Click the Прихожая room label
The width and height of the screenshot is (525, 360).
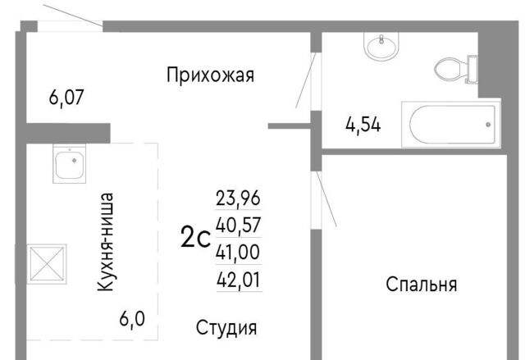(x=210, y=75)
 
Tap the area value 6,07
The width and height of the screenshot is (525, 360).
(x=66, y=98)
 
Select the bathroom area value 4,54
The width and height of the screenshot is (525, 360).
(x=363, y=125)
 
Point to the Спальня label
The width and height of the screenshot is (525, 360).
(x=421, y=285)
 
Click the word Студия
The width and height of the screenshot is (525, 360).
(x=226, y=327)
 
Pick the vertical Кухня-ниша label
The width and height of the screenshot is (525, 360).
(x=106, y=242)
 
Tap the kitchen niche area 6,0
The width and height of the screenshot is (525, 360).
(x=132, y=318)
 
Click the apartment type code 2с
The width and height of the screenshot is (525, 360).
(x=195, y=237)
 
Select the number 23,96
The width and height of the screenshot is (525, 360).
(x=238, y=198)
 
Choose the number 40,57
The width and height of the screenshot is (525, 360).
(x=238, y=225)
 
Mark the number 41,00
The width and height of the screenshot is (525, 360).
(x=238, y=252)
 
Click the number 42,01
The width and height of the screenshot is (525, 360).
(x=239, y=280)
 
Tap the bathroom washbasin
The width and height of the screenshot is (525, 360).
(x=381, y=46)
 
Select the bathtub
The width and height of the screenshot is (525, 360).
(x=451, y=124)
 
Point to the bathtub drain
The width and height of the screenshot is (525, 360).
(x=488, y=125)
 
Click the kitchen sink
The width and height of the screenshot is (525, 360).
(x=69, y=164)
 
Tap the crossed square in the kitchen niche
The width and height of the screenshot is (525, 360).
(x=47, y=264)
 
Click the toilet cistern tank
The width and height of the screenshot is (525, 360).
(x=472, y=70)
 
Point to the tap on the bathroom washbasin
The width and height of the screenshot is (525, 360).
(x=381, y=39)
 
